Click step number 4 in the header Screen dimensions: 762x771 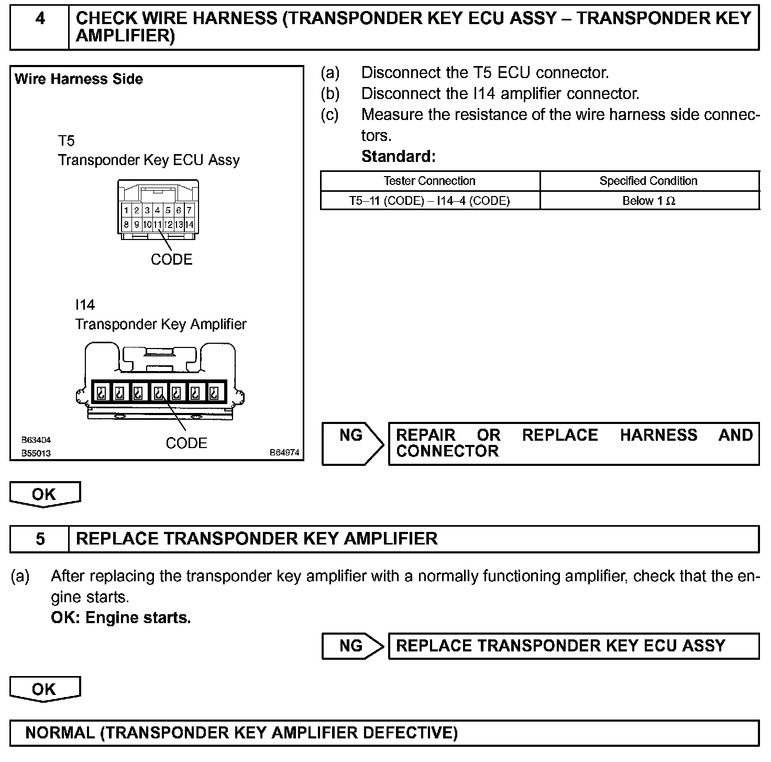tap(40, 19)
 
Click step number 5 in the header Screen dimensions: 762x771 tap(40, 539)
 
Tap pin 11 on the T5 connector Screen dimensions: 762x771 tap(158, 225)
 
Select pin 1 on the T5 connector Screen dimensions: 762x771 tap(126, 211)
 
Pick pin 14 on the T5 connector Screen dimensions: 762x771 tap(189, 225)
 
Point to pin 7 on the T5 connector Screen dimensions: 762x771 tap(189, 211)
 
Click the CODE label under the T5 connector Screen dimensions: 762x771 tap(171, 259)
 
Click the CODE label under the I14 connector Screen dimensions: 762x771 tap(186, 443)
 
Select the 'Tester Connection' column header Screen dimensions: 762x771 tap(429, 181)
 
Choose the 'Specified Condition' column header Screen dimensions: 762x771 tap(648, 181)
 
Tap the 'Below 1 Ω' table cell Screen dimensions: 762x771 tap(648, 201)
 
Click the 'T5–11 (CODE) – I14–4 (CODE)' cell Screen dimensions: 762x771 tap(429, 201)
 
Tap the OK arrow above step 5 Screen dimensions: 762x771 tap(45, 494)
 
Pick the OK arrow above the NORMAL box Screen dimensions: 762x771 tap(45, 689)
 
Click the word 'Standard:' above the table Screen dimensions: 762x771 tap(398, 157)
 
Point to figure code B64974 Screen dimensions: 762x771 tap(284, 452)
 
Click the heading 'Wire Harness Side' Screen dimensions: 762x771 tap(79, 79)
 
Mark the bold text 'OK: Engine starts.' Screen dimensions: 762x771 tap(120, 618)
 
